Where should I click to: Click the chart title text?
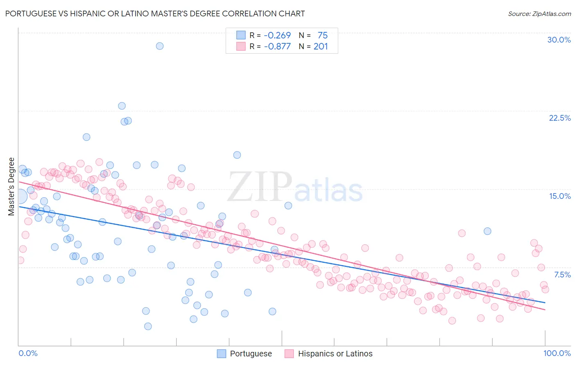point(155,14)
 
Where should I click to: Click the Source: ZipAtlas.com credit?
point(539,14)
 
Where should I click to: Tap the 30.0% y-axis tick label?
point(559,40)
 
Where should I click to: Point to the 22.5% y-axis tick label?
point(560,118)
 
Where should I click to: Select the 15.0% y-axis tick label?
point(560,196)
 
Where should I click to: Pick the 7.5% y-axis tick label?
point(562,275)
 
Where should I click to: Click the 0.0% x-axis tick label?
point(28,353)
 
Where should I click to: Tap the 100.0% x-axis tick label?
point(557,353)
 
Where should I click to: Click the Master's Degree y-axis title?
point(11,187)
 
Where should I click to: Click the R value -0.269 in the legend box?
point(277,36)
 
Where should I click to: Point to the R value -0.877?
point(277,47)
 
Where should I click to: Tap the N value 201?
point(320,47)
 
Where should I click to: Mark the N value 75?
point(322,36)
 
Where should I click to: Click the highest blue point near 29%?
point(160,46)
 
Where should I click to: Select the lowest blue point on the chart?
point(148,326)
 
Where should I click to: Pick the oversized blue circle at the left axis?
point(19,196)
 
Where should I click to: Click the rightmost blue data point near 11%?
point(487,231)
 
